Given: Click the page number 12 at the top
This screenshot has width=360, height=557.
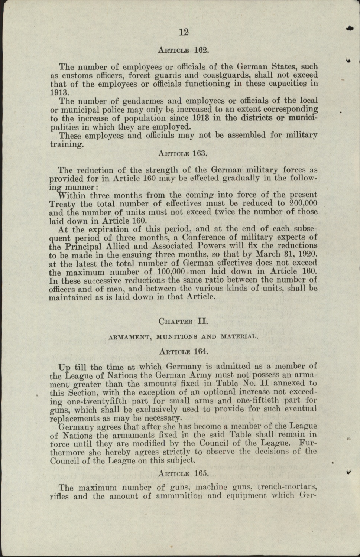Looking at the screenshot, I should click(184, 32).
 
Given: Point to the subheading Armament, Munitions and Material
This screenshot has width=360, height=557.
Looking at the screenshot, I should click(183, 337).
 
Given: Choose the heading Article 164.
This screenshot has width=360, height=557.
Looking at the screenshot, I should click(184, 351).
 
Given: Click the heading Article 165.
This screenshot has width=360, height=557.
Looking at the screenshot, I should click(184, 473).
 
